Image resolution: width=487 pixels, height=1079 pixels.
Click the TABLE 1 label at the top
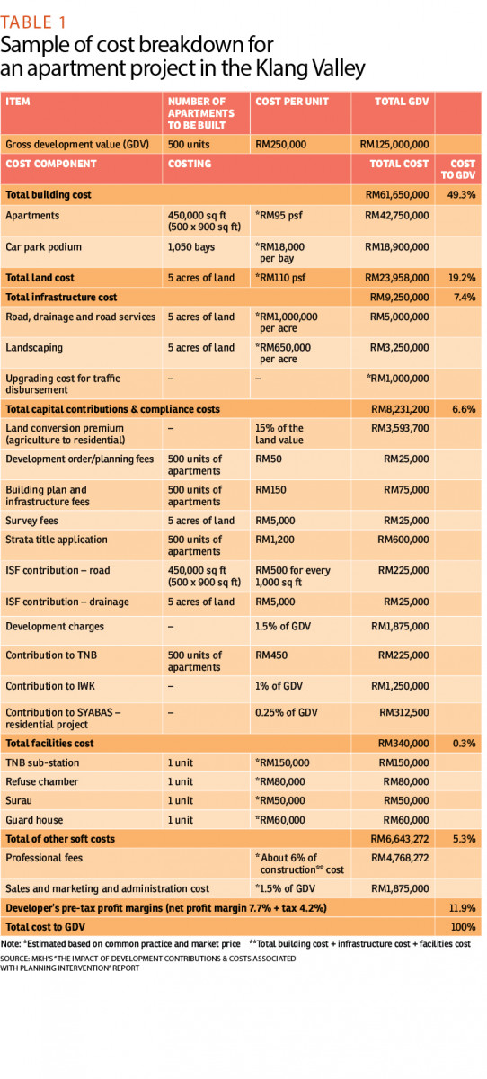click(33, 22)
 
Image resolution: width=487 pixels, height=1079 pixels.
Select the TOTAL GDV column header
click(402, 102)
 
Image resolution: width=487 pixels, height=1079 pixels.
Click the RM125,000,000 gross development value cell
click(394, 145)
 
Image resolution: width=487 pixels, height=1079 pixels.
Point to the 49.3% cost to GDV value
click(461, 194)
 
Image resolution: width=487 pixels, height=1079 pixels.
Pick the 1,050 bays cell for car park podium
click(191, 247)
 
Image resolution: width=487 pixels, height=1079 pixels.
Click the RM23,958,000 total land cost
click(396, 278)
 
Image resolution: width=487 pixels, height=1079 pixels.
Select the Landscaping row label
click(34, 348)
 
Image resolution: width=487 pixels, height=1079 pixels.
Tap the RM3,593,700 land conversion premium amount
click(400, 428)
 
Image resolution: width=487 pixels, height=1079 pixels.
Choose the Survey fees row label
click(31, 521)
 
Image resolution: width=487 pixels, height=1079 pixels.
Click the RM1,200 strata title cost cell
click(275, 539)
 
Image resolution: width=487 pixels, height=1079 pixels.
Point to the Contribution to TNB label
click(51, 655)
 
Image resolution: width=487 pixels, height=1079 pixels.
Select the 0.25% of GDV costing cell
click(287, 712)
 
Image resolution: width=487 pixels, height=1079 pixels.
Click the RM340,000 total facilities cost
click(403, 744)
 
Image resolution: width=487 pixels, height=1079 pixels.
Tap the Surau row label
click(19, 800)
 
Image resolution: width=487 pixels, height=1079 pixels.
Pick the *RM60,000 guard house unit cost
click(280, 820)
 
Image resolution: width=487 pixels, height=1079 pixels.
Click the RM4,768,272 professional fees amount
click(400, 858)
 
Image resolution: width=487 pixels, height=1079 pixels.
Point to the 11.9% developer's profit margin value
click(462, 908)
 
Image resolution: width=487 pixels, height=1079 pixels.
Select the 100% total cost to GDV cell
click(463, 927)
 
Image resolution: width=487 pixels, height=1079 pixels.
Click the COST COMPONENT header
click(51, 164)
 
